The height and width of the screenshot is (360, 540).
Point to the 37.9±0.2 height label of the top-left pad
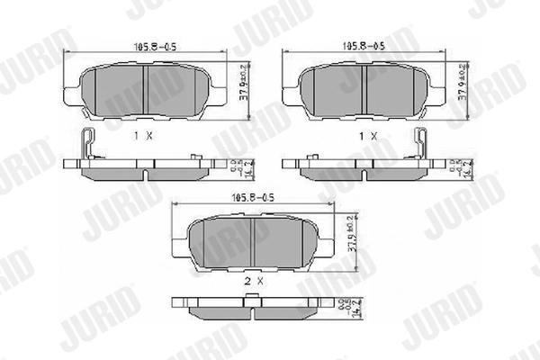coord(244,81)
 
